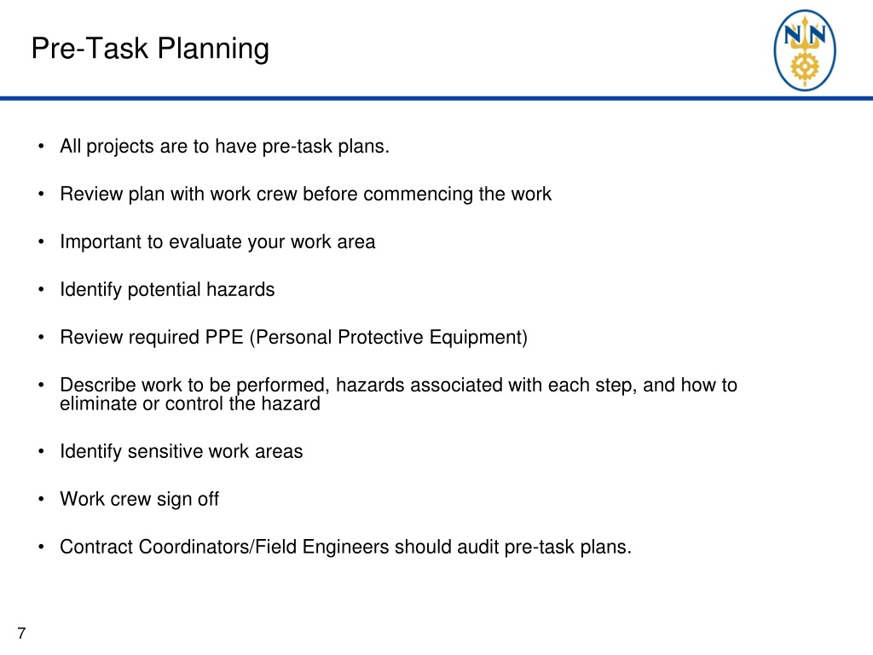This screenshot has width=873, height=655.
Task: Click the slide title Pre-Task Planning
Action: (x=149, y=49)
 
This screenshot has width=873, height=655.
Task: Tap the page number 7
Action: (x=21, y=633)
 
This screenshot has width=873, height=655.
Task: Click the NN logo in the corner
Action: (x=804, y=50)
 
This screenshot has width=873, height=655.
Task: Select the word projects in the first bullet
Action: (x=119, y=147)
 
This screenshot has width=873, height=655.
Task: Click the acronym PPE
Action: (x=225, y=338)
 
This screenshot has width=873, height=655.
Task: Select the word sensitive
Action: (x=165, y=452)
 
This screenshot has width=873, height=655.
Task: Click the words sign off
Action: (x=188, y=500)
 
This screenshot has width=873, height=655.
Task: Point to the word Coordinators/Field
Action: (x=195, y=548)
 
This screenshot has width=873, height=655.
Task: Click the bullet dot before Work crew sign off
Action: (x=41, y=500)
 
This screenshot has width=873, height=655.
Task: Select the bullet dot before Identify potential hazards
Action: (x=41, y=290)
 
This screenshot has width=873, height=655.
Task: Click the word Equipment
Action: (x=483, y=338)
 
